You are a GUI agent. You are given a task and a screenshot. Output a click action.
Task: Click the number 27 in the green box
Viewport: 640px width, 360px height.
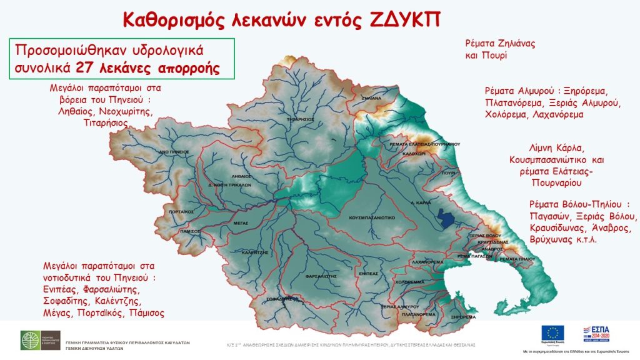[x=84, y=68]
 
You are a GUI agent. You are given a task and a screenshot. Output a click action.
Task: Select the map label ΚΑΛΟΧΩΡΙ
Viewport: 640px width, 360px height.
[x=413, y=152]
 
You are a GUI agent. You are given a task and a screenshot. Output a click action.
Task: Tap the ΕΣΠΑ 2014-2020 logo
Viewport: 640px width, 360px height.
[x=597, y=334]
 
